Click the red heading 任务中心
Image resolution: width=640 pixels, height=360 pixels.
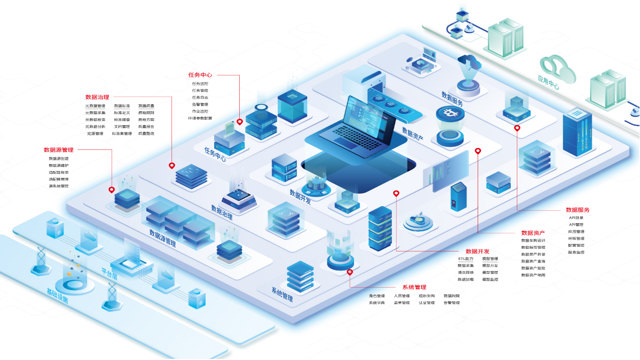click(200, 75)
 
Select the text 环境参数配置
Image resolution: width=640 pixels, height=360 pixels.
click(200, 118)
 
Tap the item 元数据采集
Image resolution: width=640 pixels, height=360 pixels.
click(95, 113)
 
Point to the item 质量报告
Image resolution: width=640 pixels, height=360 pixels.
click(146, 127)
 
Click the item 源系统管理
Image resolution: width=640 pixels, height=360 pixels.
click(59, 186)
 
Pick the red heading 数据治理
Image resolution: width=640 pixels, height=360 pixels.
click(97, 97)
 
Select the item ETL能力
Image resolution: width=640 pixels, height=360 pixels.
click(466, 259)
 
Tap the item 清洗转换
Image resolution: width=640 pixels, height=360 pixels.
click(466, 273)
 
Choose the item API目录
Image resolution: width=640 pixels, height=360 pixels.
click(576, 218)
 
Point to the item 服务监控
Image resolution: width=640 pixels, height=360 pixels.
click(576, 252)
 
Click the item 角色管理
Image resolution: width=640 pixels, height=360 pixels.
click(377, 296)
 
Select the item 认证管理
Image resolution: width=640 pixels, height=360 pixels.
click(426, 303)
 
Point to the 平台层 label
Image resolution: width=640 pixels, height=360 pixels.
click(109, 273)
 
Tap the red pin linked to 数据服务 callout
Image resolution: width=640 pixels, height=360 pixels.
click(517, 128)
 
